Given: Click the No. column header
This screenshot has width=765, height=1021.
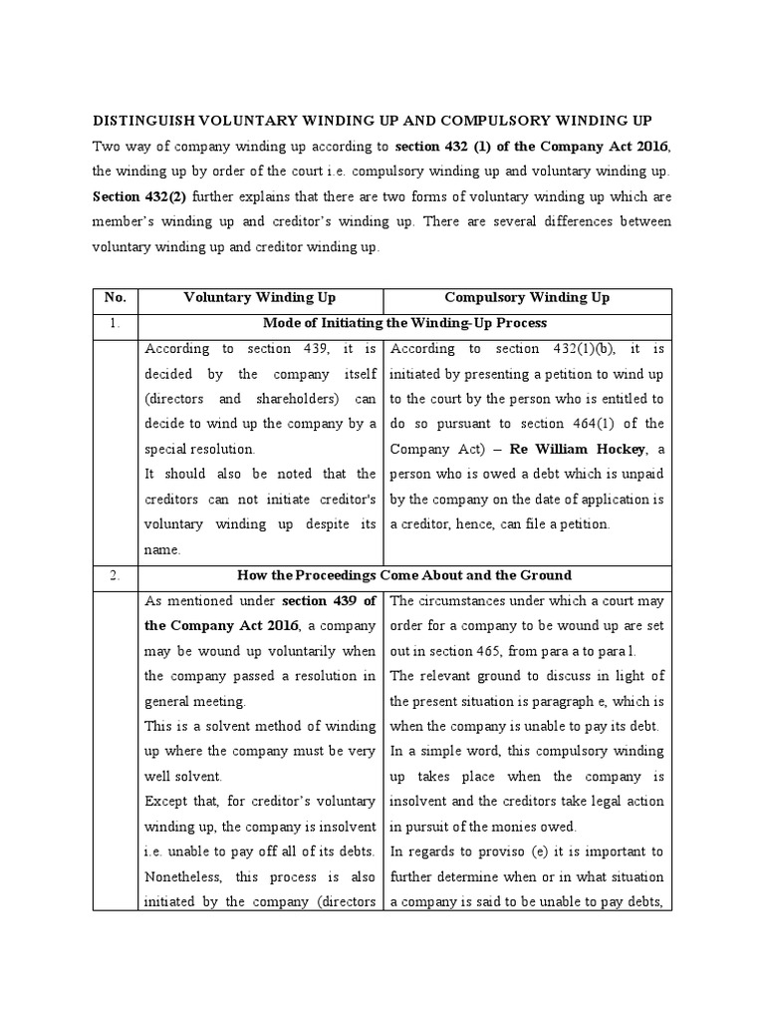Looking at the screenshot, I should (x=115, y=298).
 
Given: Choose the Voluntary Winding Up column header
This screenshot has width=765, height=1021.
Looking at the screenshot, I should (x=260, y=298).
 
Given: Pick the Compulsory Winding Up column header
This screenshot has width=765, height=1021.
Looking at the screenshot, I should (x=528, y=298).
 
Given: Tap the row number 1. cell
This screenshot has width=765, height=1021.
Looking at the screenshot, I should (x=115, y=323).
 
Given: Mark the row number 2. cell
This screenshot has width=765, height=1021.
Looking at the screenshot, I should (x=115, y=575).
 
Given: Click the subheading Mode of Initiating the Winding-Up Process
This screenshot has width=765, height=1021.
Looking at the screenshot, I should (x=404, y=323).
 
